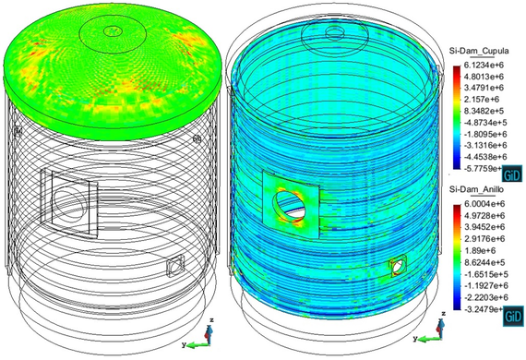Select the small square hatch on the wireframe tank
(174, 268)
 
